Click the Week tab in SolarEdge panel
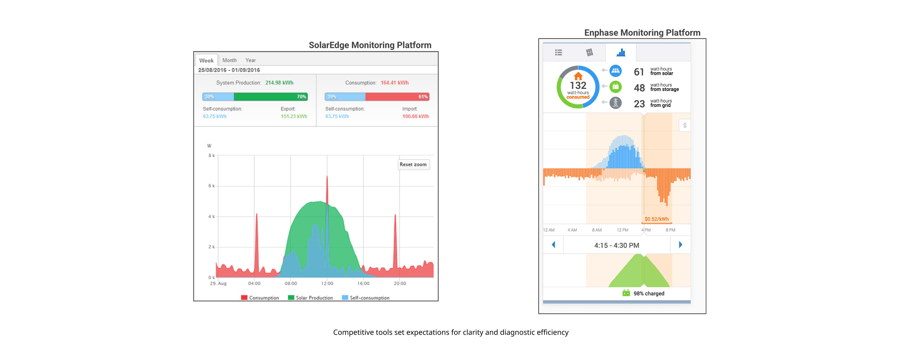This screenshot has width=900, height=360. tap(206, 61)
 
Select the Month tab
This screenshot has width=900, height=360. tap(229, 60)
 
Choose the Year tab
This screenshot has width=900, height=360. tap(250, 60)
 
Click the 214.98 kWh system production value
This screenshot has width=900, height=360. tap(279, 83)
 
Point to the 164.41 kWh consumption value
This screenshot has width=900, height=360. tap(394, 83)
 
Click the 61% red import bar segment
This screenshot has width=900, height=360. tap(397, 97)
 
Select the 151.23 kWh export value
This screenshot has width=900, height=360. tap(294, 116)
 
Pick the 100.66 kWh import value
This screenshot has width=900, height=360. tap(415, 116)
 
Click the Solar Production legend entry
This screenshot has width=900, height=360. tap(310, 298)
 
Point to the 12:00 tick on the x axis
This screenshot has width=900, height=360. tap(327, 283)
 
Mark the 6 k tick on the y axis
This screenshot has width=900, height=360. tap(212, 186)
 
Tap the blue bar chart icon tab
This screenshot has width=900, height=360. tap(621, 53)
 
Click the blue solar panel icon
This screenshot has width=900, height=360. tap(615, 71)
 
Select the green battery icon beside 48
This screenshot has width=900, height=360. tap(615, 87)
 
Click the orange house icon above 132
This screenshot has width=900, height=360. tap(578, 76)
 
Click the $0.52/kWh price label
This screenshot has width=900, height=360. tap(656, 219)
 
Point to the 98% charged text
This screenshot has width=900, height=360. tap(649, 294)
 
